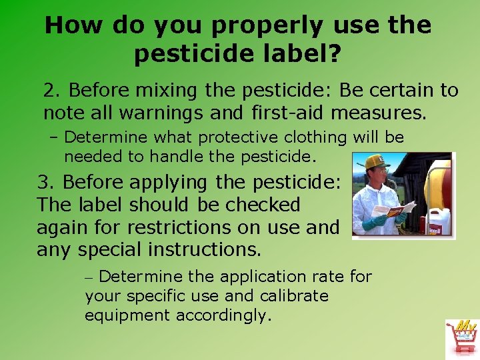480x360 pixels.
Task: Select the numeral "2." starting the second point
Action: (x=53, y=90)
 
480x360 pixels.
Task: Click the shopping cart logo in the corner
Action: (x=461, y=339)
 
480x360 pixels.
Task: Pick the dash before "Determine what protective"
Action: (x=55, y=138)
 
